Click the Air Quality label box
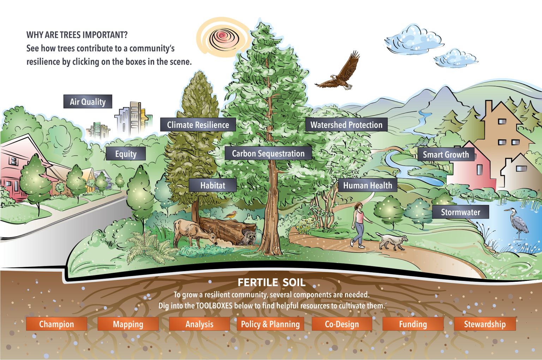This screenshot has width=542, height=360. (x=88, y=102)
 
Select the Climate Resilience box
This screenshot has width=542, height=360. (x=198, y=125)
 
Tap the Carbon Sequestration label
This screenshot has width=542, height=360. (x=268, y=153)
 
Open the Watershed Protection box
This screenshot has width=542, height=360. (x=347, y=125)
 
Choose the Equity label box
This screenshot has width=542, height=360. (x=126, y=154)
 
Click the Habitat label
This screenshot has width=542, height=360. (x=213, y=185)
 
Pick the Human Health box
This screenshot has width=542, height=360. (x=368, y=185)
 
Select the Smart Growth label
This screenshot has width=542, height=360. (x=446, y=154)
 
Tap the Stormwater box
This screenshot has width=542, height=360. (x=460, y=212)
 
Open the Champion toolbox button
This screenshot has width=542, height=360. (x=56, y=324)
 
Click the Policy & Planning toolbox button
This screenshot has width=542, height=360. (x=270, y=324)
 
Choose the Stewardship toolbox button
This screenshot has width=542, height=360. (x=485, y=324)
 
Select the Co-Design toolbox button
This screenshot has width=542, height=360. (x=342, y=324)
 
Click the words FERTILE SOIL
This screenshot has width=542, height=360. (x=271, y=282)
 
